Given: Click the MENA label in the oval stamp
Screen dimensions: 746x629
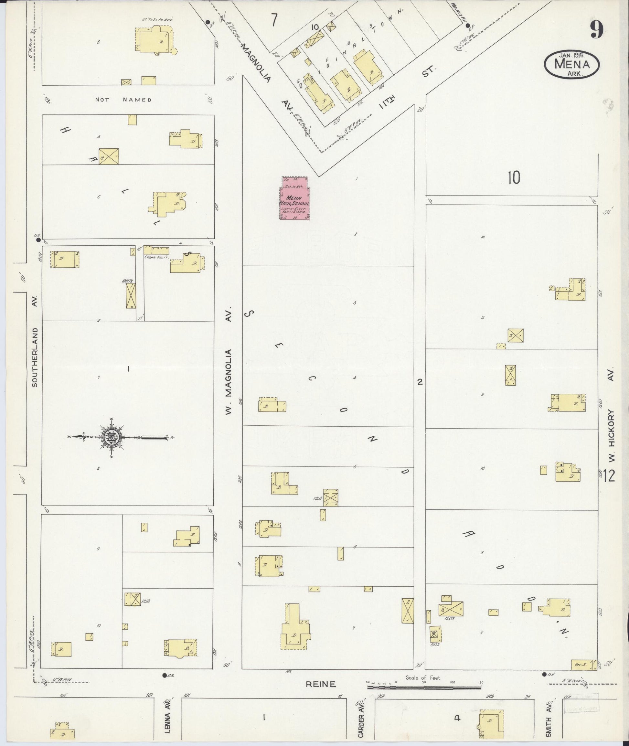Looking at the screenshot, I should click(x=571, y=65).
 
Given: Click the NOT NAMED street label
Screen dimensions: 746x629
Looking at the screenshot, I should click(x=123, y=100).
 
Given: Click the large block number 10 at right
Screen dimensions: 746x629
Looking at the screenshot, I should click(x=514, y=177).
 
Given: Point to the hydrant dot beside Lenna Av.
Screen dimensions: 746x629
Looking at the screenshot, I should click(x=165, y=675).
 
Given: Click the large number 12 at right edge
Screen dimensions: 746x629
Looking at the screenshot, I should click(x=609, y=476).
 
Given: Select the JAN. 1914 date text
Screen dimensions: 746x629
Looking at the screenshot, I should click(x=571, y=55).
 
